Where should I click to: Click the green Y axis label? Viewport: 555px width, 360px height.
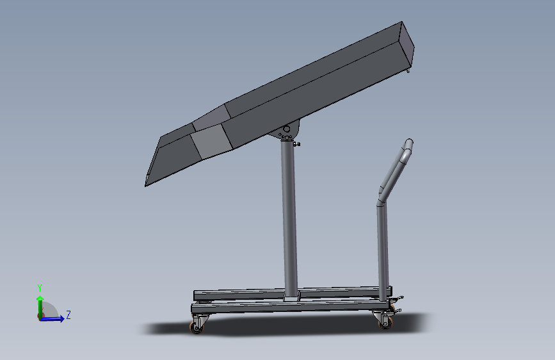pos(40,288)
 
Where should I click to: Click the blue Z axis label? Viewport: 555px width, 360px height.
pos(68,315)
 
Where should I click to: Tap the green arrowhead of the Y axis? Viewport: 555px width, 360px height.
pos(40,299)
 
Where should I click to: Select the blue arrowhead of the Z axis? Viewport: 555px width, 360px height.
pos(61,318)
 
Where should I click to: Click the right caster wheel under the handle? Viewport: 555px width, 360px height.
pos(386,323)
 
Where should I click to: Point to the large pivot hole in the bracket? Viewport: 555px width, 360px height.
pos(286,129)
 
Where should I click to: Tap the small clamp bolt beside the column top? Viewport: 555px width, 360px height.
pos(296,144)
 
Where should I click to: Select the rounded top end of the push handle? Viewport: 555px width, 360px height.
pos(409,143)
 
